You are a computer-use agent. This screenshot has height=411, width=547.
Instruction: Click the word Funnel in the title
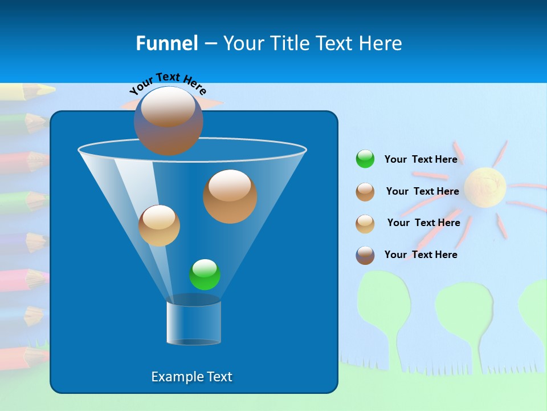click(167, 43)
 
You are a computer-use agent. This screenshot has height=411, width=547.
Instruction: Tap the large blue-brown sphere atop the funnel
click(169, 120)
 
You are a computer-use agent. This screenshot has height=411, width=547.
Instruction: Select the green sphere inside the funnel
click(205, 275)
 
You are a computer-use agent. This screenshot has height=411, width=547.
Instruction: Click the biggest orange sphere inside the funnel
click(230, 196)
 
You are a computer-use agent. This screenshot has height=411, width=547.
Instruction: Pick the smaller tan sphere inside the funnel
click(159, 225)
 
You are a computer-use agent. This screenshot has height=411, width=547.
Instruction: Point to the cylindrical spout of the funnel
click(194, 323)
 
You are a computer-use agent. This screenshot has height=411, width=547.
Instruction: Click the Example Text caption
click(192, 377)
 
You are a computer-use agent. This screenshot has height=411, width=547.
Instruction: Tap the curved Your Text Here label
click(168, 83)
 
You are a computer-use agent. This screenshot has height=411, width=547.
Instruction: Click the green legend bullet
click(365, 159)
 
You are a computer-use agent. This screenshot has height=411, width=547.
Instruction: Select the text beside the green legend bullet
click(421, 159)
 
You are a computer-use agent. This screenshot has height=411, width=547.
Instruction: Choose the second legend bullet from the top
click(365, 192)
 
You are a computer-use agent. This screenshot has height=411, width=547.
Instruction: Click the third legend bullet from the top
click(365, 224)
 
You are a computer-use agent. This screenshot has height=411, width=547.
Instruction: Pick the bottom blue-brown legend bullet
click(365, 255)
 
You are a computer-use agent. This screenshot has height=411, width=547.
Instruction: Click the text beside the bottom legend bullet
click(421, 255)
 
